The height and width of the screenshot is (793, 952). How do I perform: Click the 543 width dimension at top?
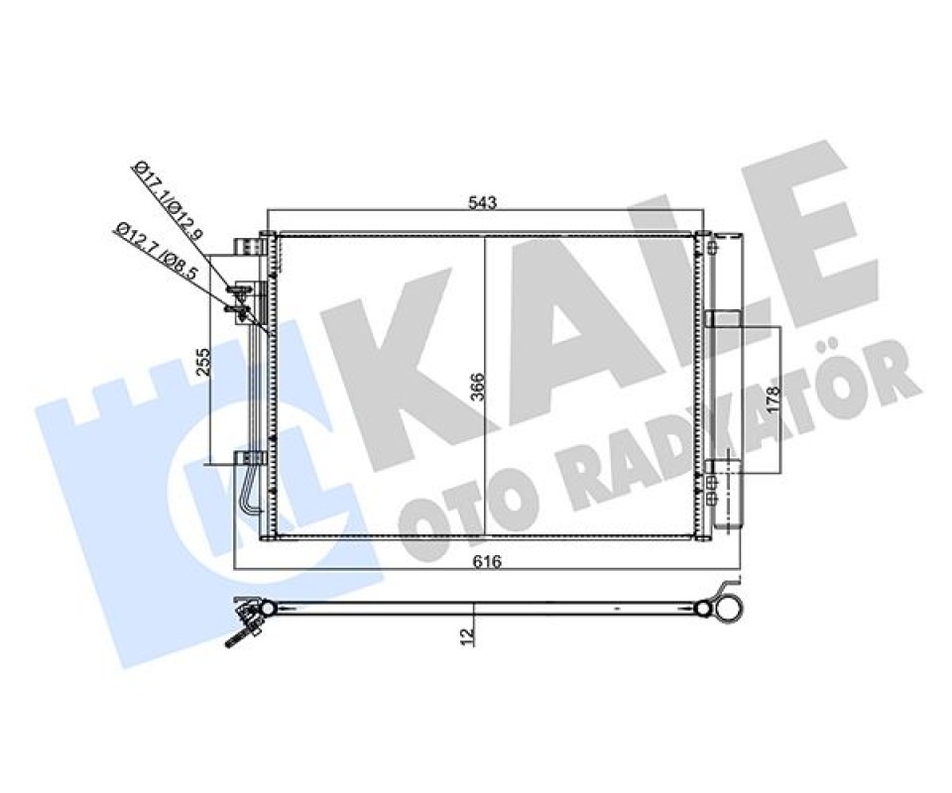pyautogui.click(x=483, y=202)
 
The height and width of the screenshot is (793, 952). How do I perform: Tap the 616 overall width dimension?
pyautogui.click(x=487, y=562)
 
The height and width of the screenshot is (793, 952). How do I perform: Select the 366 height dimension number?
pyautogui.click(x=478, y=387)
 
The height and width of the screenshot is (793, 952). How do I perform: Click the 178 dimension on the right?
pyautogui.click(x=772, y=400)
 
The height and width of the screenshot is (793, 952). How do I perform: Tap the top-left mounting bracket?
pyautogui.click(x=251, y=246)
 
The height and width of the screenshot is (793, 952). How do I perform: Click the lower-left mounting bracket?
pyautogui.click(x=250, y=458)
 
